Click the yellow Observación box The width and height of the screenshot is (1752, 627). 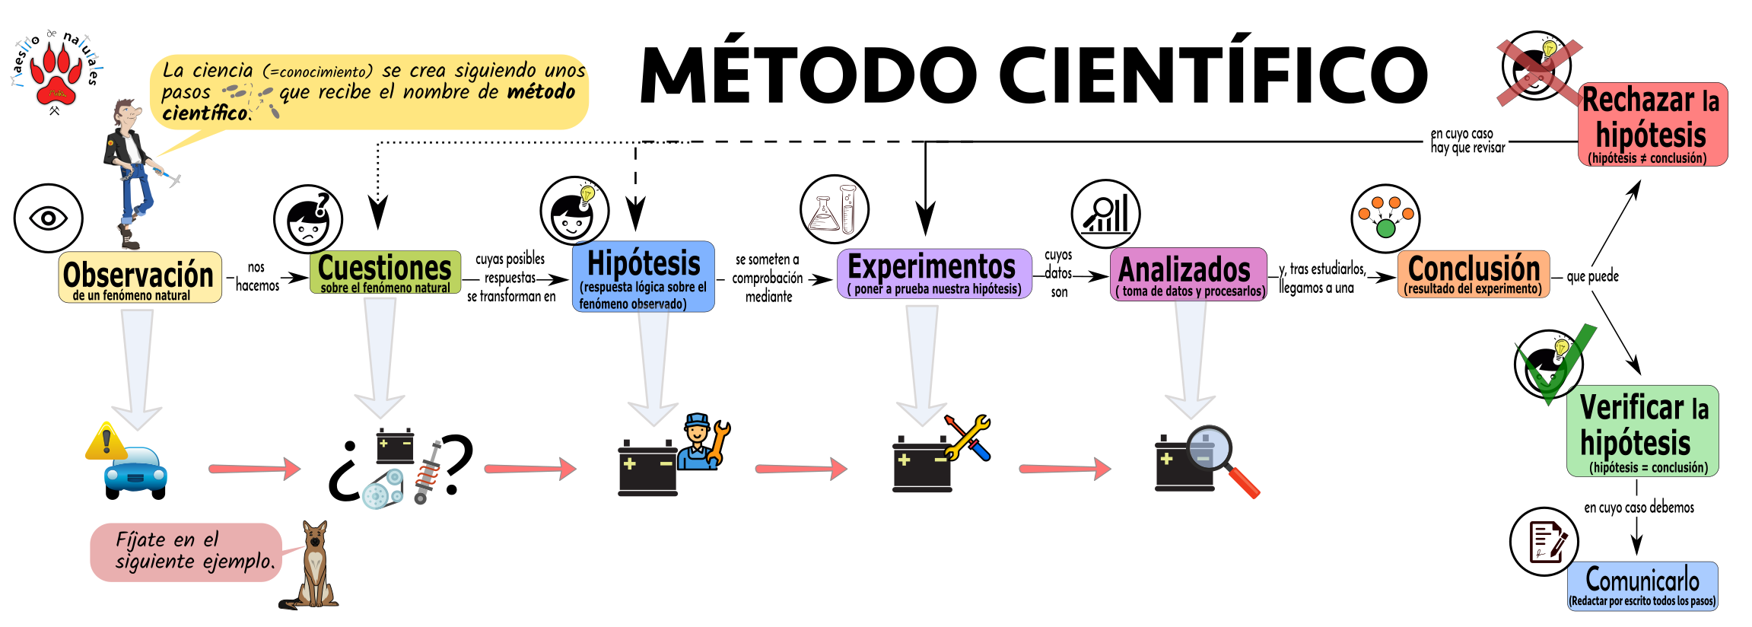tap(140, 277)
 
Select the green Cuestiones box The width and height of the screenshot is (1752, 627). tap(385, 272)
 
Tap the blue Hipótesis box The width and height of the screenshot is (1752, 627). tap(643, 276)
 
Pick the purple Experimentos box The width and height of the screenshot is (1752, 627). tap(934, 273)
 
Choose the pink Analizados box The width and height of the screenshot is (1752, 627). tap(1188, 274)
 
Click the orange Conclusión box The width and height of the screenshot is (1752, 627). tap(1474, 274)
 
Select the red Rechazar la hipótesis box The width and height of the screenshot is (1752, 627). tap(1653, 124)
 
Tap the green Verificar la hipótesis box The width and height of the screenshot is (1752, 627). tap(1642, 431)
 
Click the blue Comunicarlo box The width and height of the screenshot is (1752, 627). tap(1642, 586)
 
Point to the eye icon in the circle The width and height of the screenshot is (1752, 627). tap(48, 218)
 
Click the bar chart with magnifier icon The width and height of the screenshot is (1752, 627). tap(1105, 214)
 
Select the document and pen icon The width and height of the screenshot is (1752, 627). tap(1544, 542)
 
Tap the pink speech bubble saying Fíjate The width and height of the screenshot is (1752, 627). tap(186, 552)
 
